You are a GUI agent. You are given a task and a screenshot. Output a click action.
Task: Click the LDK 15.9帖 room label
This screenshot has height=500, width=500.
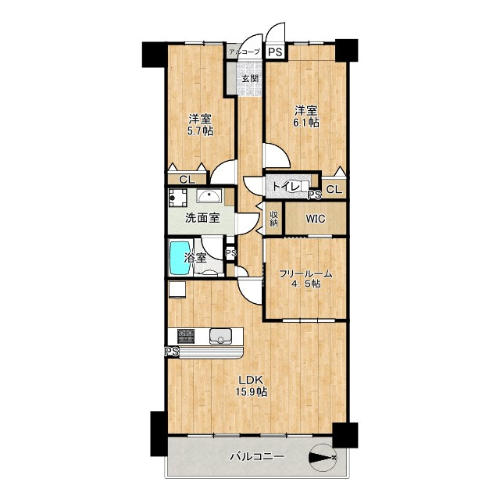pyautogui.click(x=251, y=385)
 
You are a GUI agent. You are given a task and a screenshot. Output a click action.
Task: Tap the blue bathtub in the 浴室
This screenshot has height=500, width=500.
pyautogui.click(x=180, y=258)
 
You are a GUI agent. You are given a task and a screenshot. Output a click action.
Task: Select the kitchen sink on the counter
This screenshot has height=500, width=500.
pyautogui.click(x=220, y=336)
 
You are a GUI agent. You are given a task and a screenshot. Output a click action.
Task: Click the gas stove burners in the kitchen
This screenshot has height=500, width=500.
pyautogui.click(x=186, y=336)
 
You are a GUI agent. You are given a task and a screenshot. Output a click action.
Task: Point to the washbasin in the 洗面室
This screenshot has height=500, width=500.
pyautogui.click(x=209, y=195)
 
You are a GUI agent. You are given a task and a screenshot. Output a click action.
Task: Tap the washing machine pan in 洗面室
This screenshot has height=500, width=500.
pyautogui.click(x=177, y=198)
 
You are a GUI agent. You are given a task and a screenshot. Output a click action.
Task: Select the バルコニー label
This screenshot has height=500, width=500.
pyautogui.click(x=257, y=456)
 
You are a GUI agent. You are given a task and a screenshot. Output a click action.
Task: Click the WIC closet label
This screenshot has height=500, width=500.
pyautogui.click(x=316, y=219)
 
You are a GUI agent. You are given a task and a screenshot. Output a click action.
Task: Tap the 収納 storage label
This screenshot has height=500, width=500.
pyautogui.click(x=274, y=219)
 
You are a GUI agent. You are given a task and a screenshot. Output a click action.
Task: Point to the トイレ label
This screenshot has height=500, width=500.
pyautogui.click(x=284, y=187)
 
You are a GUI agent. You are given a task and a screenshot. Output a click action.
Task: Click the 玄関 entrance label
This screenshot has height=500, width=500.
pyautogui.click(x=250, y=78)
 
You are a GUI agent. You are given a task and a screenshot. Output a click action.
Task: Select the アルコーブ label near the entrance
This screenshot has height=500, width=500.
pyautogui.click(x=245, y=52)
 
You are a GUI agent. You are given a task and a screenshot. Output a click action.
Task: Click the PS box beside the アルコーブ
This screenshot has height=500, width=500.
pyautogui.click(x=275, y=52)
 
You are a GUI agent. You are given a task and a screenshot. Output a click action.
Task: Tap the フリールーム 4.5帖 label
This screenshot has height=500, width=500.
pyautogui.click(x=305, y=278)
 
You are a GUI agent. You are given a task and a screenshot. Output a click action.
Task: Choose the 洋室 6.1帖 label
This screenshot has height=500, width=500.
pyautogui.click(x=306, y=116)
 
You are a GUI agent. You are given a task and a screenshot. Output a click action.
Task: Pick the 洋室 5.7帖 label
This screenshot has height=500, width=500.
pyautogui.click(x=200, y=125)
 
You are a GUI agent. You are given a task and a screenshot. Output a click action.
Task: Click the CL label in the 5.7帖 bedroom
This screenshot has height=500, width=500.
pyautogui.click(x=187, y=180)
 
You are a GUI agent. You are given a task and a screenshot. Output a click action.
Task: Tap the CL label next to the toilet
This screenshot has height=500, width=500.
pyautogui.click(x=334, y=190)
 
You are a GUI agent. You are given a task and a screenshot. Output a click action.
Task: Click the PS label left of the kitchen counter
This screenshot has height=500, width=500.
pyautogui.click(x=172, y=352)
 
